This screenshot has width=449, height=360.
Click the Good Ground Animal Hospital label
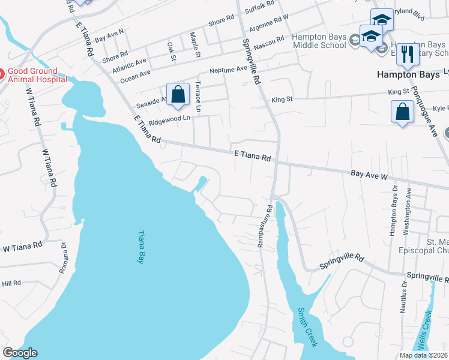pos(37,74)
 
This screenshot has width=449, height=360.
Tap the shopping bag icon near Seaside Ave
pos(178,95)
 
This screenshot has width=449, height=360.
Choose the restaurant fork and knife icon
pos(408,53)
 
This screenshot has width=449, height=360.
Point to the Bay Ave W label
pos(369,175)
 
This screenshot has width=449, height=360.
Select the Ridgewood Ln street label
pos(169,119)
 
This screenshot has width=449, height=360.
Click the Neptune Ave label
pos(229,70)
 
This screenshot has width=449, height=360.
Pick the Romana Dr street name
pos(63,258)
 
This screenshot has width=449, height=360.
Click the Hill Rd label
pos(11,283)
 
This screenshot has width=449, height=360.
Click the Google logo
pos(20,353)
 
